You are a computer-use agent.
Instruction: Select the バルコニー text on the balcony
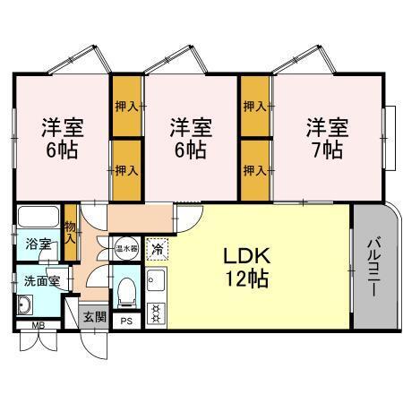pyautogui.click(x=374, y=269)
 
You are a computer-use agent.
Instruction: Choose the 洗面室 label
pyautogui.click(x=41, y=281)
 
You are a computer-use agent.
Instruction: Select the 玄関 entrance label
pyautogui.click(x=93, y=316)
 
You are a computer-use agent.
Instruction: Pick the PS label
pyautogui.click(x=126, y=322)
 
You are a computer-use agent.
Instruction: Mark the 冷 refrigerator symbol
pyautogui.click(x=157, y=248)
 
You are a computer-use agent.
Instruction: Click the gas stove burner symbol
pyautogui.click(x=157, y=313)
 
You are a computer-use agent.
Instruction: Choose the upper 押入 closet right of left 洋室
pyautogui.click(x=126, y=107)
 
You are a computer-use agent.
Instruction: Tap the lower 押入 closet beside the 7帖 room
pyautogui.click(x=255, y=170)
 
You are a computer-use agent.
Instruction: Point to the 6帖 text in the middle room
pyautogui.click(x=192, y=148)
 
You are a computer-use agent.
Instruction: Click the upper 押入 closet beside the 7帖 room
pyautogui.click(x=255, y=107)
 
